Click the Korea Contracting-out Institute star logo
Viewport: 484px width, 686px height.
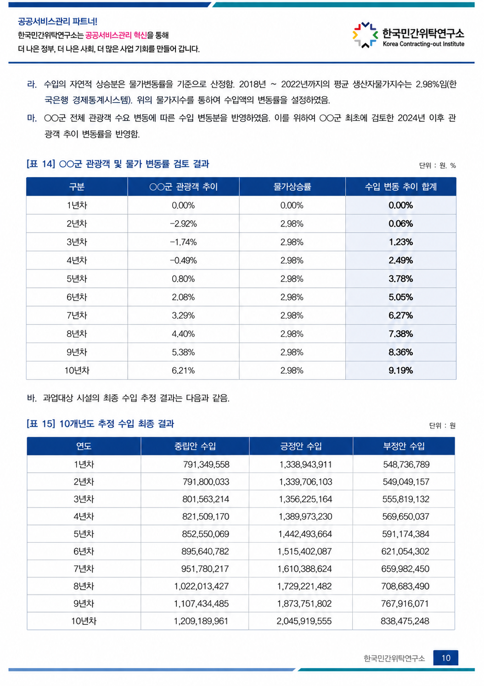pos(365,35)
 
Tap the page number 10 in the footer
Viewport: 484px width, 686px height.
pos(445,658)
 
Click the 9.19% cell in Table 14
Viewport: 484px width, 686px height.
pos(400,371)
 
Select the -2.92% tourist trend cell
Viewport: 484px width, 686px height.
pos(183,224)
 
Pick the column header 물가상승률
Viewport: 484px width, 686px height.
pos(292,187)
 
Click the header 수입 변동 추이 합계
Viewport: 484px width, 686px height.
pos(400,187)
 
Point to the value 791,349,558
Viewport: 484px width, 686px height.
pos(206,464)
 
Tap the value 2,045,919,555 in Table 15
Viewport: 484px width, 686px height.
pos(304,621)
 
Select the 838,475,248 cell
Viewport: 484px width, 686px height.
pos(405,621)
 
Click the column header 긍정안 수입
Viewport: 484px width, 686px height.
pos(301,446)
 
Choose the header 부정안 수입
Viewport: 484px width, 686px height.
pos(404,446)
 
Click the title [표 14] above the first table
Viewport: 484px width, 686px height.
pos(41,164)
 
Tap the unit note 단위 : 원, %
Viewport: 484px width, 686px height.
pos(437,166)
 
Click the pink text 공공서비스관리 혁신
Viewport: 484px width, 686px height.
pos(116,35)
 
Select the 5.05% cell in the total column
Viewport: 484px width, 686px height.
pos(400,297)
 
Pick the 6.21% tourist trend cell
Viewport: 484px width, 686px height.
pos(183,371)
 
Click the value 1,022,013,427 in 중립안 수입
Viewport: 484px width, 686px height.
pos(201,586)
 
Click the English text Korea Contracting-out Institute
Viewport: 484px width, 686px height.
pos(423,44)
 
